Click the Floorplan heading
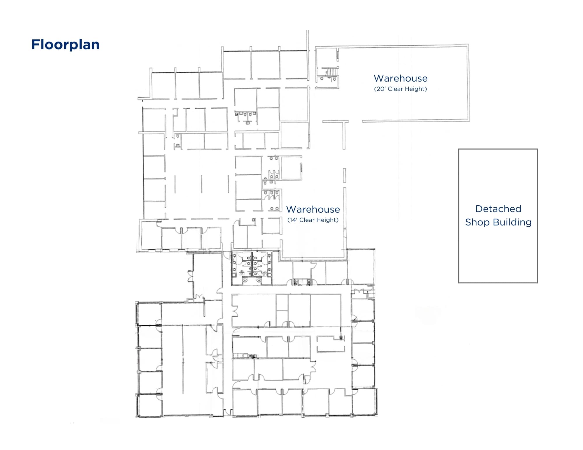point(65,45)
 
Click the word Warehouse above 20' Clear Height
point(401,78)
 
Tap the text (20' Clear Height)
point(401,89)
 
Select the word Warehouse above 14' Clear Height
point(313,209)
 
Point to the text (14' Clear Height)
point(313,220)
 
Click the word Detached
point(498,209)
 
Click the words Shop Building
point(498,222)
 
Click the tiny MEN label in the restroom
point(242,271)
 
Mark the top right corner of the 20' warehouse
point(468,45)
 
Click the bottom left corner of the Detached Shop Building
point(459,283)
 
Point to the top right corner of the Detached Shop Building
point(537,149)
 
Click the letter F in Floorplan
point(35,45)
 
